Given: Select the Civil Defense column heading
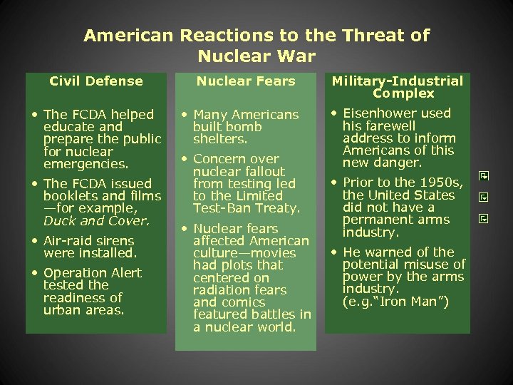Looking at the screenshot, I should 96,81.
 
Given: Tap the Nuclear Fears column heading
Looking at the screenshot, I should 246,81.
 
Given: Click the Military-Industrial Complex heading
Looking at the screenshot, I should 398,87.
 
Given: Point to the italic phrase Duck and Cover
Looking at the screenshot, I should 97,220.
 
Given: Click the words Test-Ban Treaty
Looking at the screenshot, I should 247,208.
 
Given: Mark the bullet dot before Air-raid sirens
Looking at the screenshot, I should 35,241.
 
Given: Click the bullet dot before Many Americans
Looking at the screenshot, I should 184,115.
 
